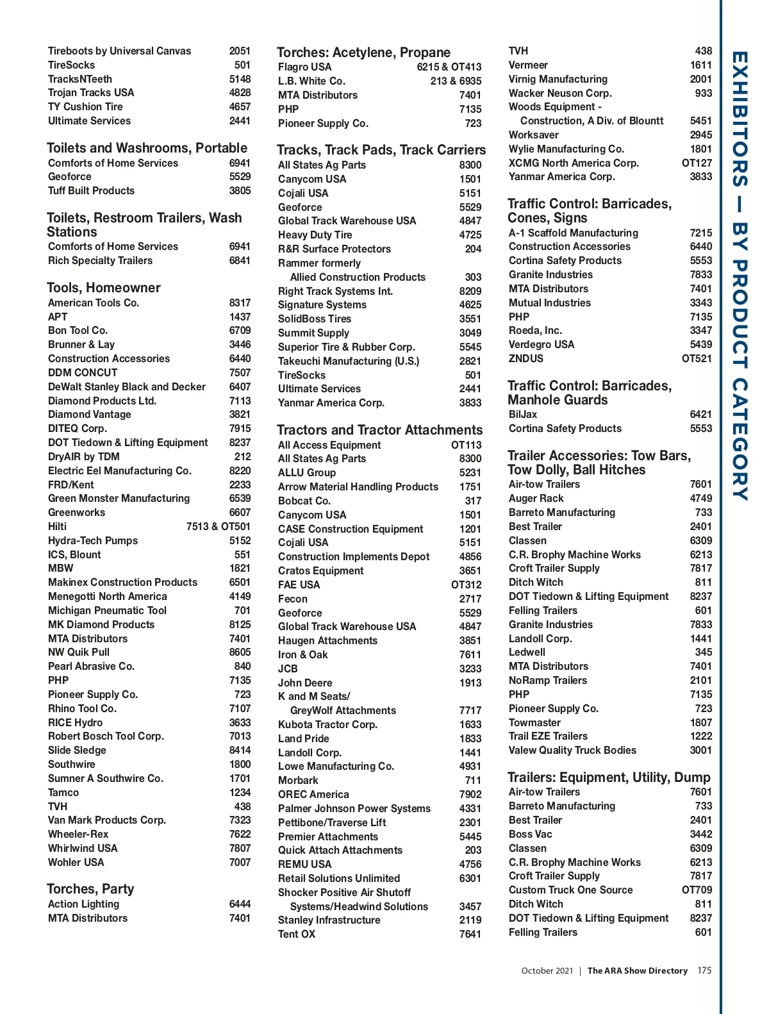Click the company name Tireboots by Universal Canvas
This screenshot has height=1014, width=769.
[x=119, y=51]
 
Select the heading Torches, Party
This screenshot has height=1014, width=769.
[x=90, y=889]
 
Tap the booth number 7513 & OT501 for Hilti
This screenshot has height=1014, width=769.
[x=218, y=526]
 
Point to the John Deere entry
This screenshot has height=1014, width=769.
[x=305, y=683]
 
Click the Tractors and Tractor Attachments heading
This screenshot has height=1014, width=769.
[x=379, y=430]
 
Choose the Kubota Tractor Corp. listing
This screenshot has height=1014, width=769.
[x=327, y=724]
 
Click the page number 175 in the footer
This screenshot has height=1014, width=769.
[x=704, y=970]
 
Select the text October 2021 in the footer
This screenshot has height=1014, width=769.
[x=547, y=970]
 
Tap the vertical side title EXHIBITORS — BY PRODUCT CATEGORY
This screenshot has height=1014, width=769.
[x=740, y=276]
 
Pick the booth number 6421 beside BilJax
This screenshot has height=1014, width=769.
[x=700, y=415]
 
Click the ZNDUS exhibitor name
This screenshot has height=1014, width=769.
[x=525, y=358]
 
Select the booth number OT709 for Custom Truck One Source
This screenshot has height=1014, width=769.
[x=697, y=890]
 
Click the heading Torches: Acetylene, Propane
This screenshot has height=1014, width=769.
[x=363, y=53]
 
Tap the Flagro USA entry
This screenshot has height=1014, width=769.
[x=304, y=67]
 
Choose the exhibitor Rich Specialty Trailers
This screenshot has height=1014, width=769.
[x=100, y=260]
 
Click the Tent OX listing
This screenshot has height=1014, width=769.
[x=297, y=934]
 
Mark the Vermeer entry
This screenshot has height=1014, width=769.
[x=528, y=65]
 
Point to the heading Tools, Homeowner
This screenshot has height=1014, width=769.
[x=104, y=288]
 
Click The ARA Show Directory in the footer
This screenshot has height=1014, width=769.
[x=637, y=970]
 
